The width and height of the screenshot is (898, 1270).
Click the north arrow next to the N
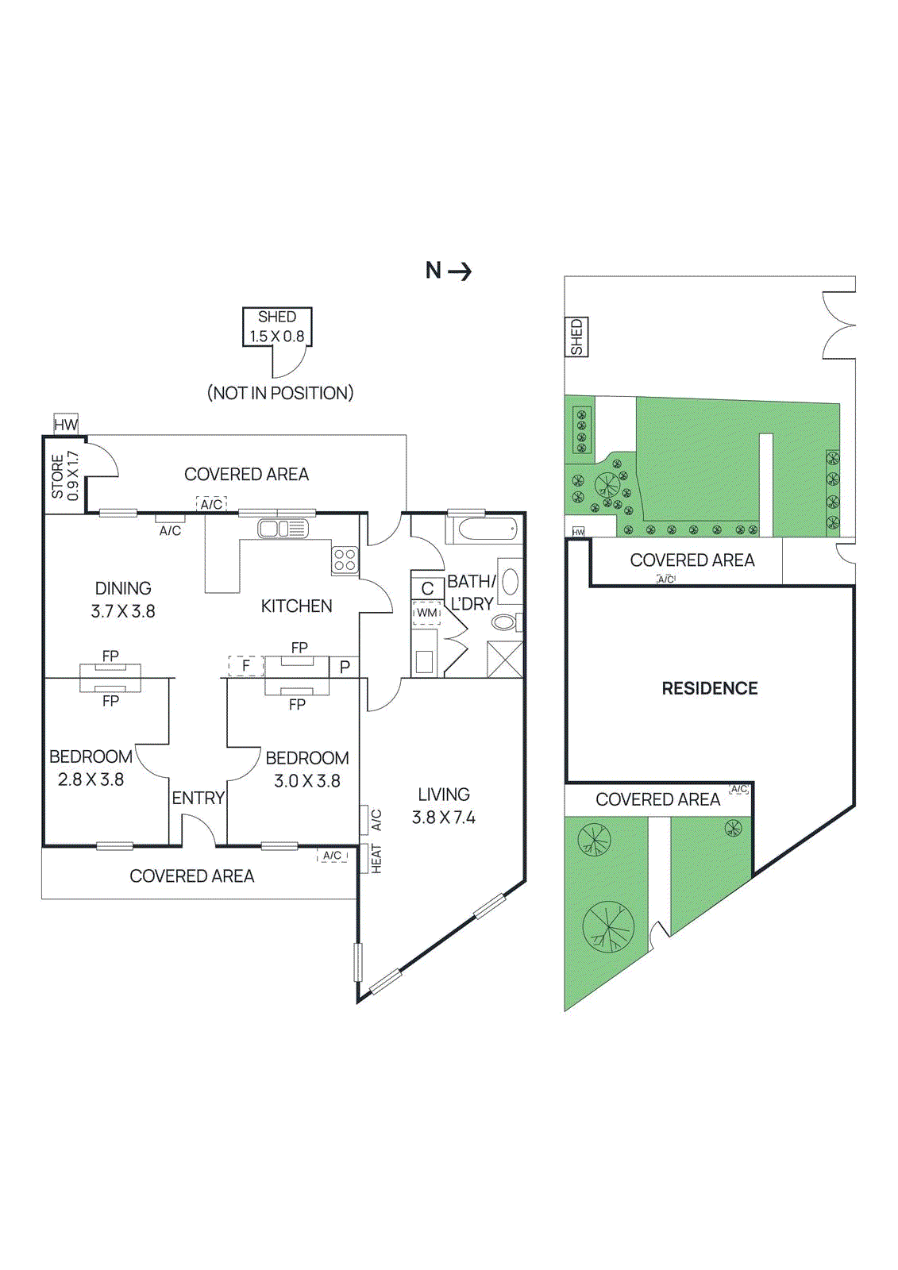(460, 271)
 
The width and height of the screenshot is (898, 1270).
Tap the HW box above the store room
(66, 424)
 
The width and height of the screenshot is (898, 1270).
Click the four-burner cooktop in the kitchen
(345, 560)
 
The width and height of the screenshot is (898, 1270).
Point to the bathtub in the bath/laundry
(483, 528)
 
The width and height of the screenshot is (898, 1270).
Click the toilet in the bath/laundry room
(505, 622)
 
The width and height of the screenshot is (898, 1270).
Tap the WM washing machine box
(426, 613)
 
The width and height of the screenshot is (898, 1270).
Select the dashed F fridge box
(246, 665)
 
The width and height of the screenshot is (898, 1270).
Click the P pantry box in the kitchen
(345, 667)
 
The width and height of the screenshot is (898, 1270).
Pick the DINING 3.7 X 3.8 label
(123, 599)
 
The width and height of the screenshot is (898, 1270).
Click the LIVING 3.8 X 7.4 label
(443, 806)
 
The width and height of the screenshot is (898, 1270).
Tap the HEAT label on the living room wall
(376, 859)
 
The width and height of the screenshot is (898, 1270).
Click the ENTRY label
(198, 798)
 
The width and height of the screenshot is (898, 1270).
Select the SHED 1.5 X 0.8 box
(277, 326)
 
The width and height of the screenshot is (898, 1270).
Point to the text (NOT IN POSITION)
(279, 393)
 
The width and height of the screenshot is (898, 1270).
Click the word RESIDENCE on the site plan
(709, 688)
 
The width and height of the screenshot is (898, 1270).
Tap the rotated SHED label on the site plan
(576, 337)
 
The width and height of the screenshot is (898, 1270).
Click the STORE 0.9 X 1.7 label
(64, 475)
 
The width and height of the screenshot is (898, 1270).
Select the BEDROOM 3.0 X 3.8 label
(306, 769)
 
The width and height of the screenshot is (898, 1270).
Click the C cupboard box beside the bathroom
(427, 588)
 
